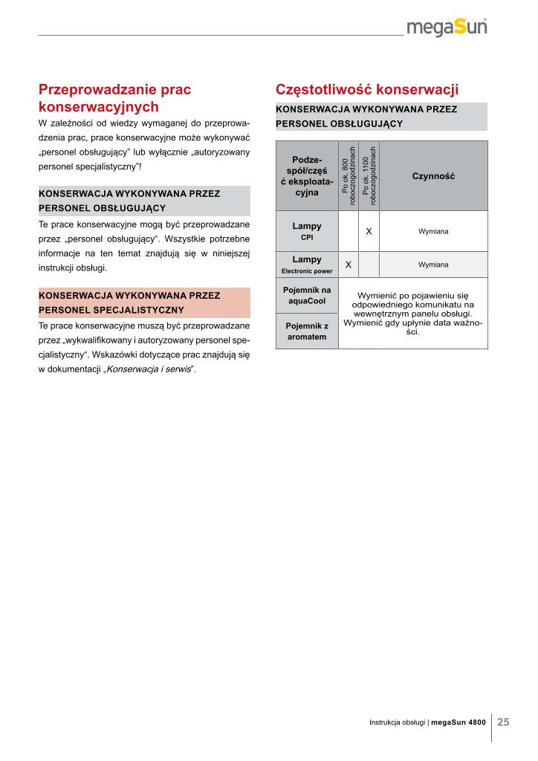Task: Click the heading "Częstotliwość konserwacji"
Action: pos(367,90)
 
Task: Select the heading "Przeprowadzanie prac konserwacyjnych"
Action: pos(114,98)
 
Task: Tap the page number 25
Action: pos(503,722)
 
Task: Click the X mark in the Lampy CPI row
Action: pos(369,231)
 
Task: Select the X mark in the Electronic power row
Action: pos(348,265)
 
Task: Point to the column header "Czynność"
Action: pos(433,176)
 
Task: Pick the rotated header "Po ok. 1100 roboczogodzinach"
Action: pos(369,176)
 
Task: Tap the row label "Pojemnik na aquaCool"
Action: pos(307,295)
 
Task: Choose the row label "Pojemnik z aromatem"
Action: pos(307,331)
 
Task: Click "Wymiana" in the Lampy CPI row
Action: pos(433,231)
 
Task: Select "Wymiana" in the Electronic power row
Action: pos(433,265)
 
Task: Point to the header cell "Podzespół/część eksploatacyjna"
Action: pos(307,176)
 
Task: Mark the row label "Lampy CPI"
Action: pos(307,231)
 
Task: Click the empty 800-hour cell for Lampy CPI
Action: pos(348,231)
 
